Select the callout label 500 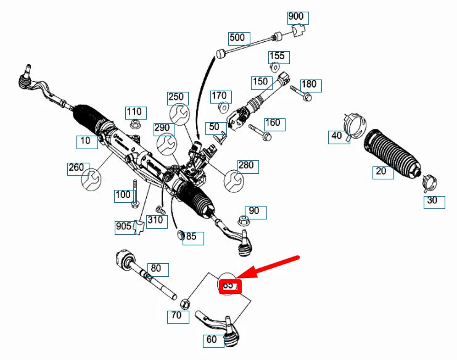(237, 38)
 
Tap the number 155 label (278, 56)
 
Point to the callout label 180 (308, 84)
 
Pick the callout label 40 (337, 136)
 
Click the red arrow (271, 268)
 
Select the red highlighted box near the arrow (229, 286)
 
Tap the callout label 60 (212, 339)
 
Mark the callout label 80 (157, 269)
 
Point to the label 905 (124, 227)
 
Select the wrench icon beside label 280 (233, 179)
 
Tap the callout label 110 (134, 112)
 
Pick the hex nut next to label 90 (242, 218)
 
